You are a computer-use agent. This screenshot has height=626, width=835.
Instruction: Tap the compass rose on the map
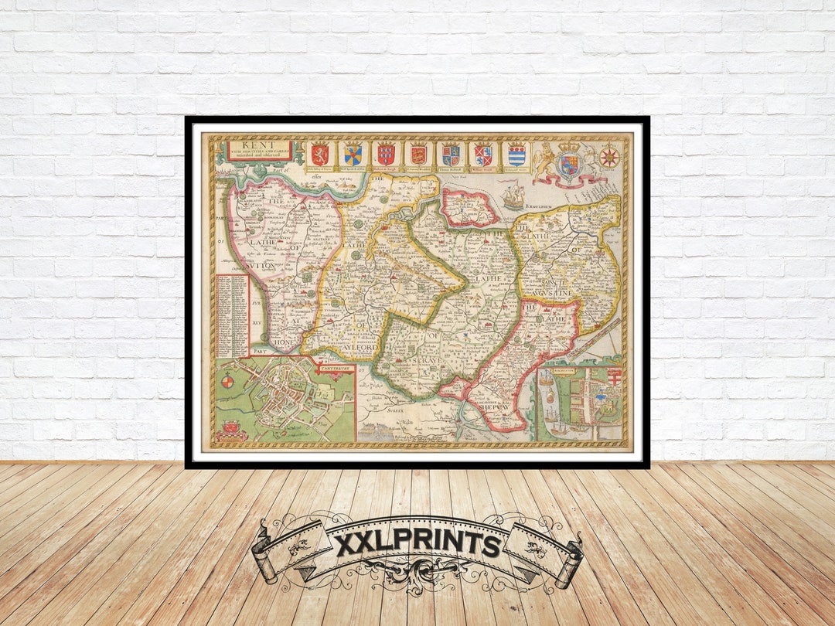click(x=610, y=157)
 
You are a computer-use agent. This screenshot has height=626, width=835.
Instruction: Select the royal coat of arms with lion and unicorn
click(x=569, y=163)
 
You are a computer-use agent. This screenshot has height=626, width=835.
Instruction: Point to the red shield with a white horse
click(x=319, y=155)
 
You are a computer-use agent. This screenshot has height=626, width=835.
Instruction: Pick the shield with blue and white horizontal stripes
click(x=516, y=155)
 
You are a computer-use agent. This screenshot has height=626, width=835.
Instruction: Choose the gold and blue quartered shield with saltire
click(x=353, y=155)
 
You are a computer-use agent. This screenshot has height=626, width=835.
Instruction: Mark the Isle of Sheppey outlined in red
click(x=469, y=206)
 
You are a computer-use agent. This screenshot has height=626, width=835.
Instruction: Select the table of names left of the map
click(x=232, y=315)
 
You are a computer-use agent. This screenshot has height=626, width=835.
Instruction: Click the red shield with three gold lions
click(x=418, y=155)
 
